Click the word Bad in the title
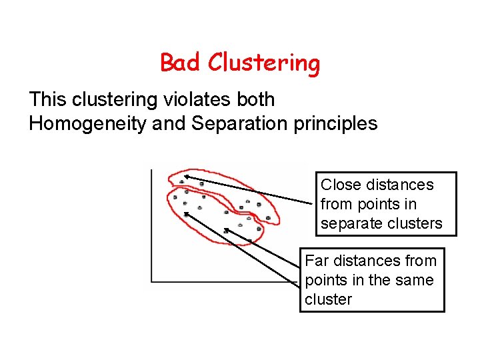(x=181, y=63)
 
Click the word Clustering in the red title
(x=264, y=63)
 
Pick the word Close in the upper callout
(x=341, y=185)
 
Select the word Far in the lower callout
(x=317, y=261)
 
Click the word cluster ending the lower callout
(x=328, y=299)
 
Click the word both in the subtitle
(x=256, y=100)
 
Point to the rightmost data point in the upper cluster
(x=269, y=218)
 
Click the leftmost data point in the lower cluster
(x=175, y=197)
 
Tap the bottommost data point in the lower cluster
(x=249, y=239)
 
